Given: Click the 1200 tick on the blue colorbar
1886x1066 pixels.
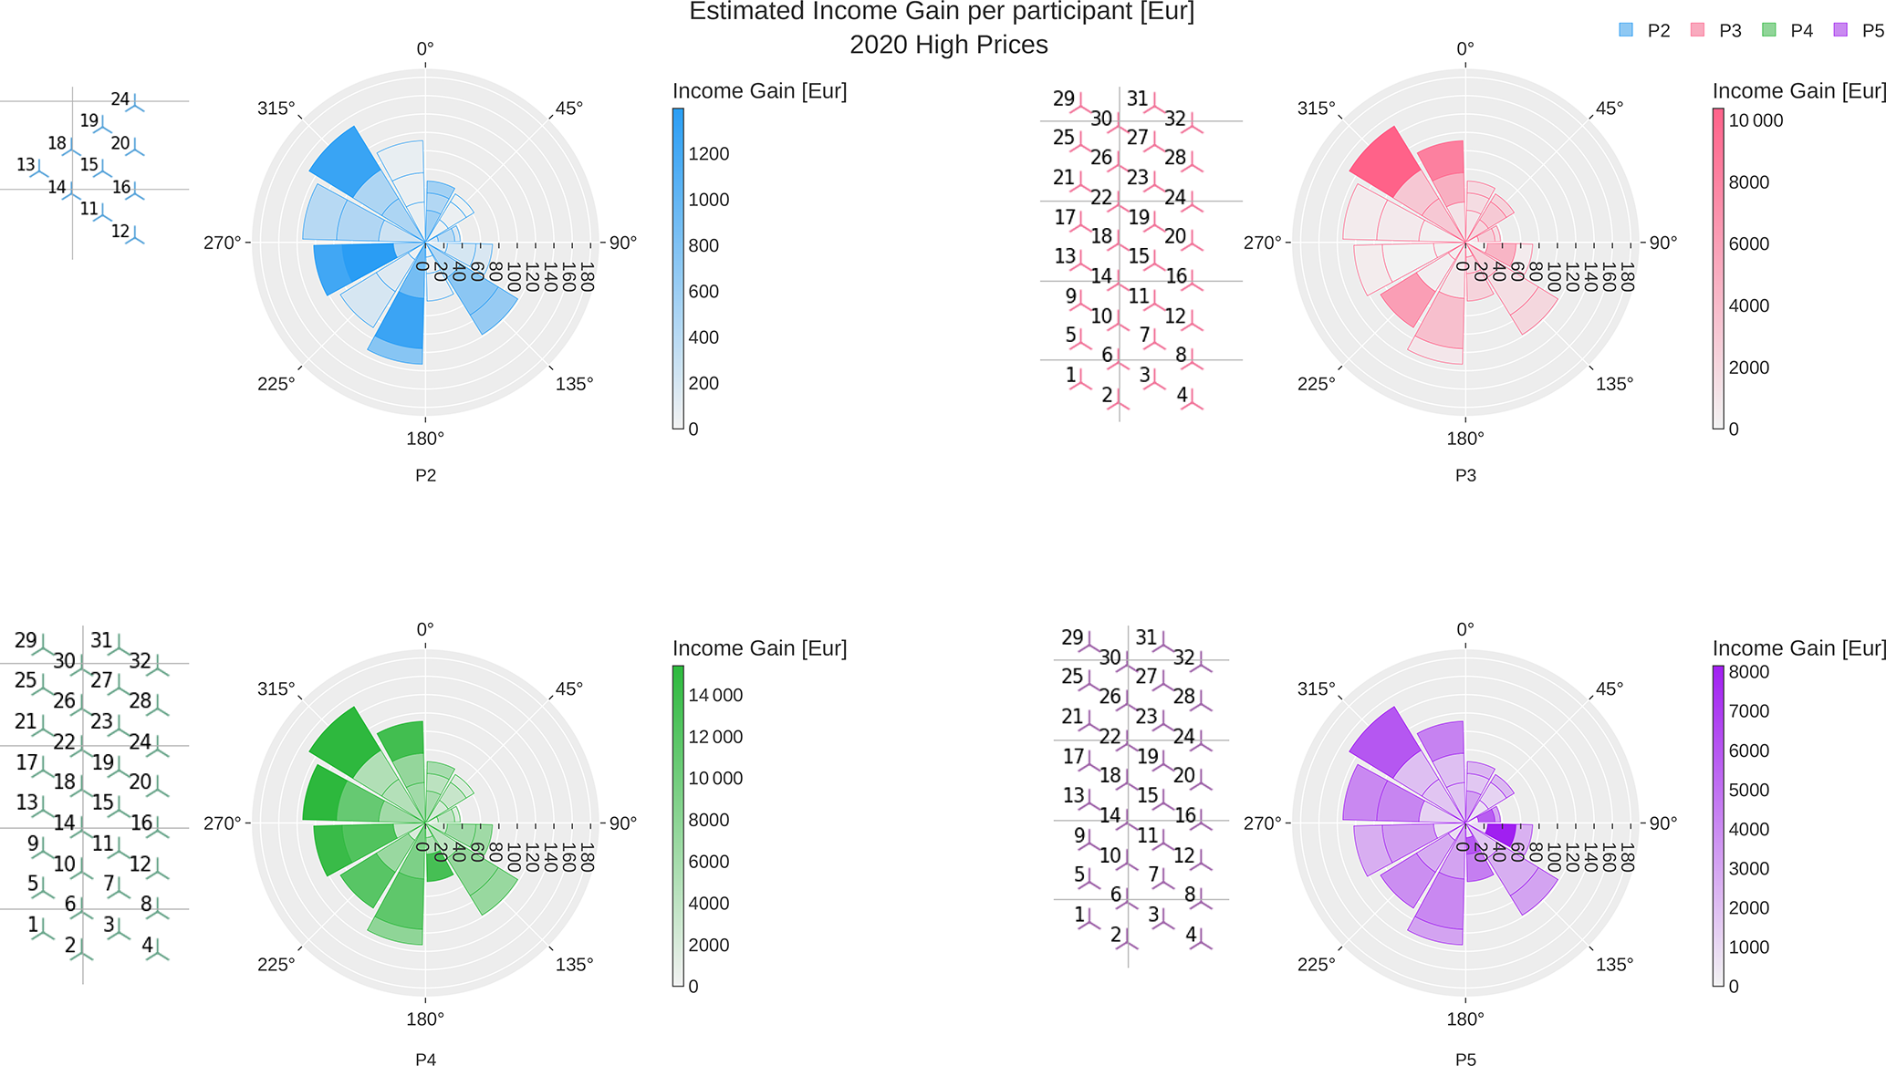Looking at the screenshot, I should tap(709, 154).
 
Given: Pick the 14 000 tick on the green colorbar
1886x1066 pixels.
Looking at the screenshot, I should tap(715, 695).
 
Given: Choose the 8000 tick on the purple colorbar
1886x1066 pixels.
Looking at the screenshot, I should tap(1749, 672).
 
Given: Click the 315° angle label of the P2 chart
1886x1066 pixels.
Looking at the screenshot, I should tap(276, 109).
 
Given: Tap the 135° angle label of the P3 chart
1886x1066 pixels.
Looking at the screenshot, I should tap(1614, 384).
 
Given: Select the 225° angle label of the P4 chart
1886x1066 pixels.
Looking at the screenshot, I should tap(276, 965).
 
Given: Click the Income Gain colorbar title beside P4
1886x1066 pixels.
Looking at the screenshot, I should tap(759, 648).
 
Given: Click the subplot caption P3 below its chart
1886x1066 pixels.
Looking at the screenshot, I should tap(1464, 475).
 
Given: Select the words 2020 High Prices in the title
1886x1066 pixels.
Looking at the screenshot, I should tap(948, 45).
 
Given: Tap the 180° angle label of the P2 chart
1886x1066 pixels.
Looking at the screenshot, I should tap(425, 439).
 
